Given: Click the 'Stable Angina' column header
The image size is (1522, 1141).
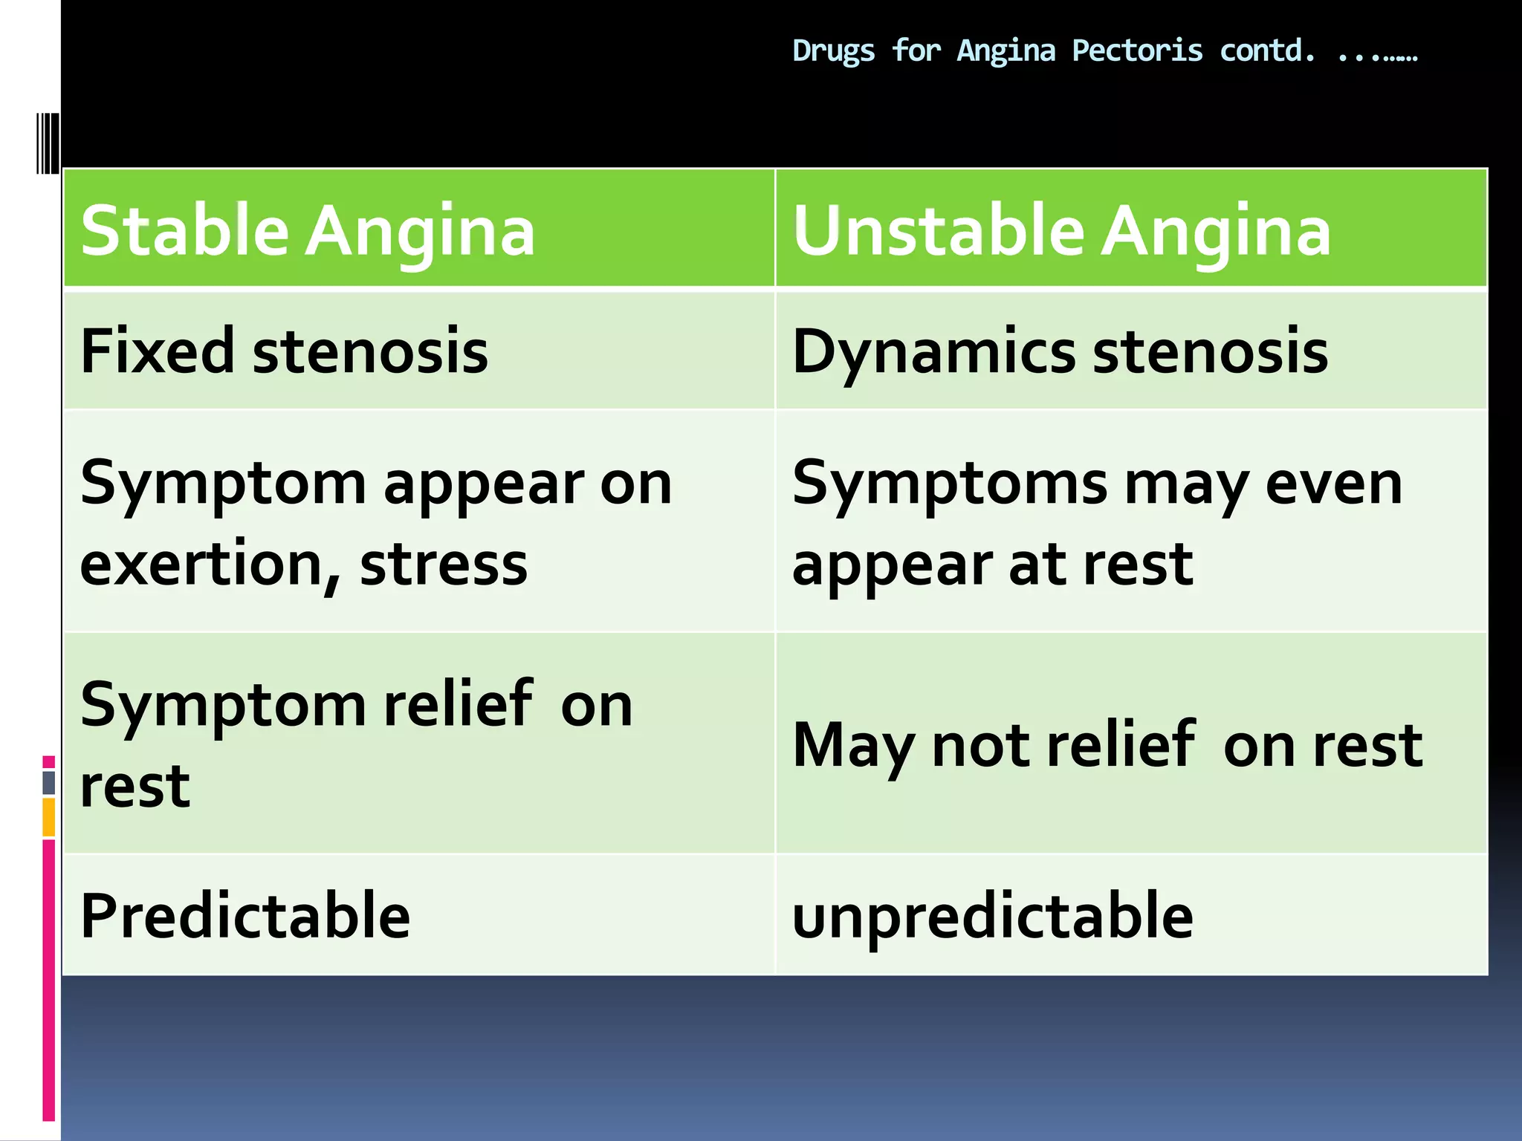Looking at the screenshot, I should tap(308, 231).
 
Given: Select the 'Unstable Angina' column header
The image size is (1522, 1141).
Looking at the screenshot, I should tap(1061, 231).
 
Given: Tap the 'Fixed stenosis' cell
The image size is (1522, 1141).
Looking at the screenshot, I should tap(284, 351).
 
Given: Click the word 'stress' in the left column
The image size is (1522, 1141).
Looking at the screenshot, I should tap(444, 565).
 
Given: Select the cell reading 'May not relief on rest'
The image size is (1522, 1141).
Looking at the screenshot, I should tap(1107, 744).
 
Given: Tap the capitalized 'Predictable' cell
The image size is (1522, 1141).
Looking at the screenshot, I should tap(245, 915).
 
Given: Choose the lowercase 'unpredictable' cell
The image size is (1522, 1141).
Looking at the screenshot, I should tap(992, 915).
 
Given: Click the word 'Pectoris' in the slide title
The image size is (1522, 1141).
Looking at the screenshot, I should tap(1137, 51).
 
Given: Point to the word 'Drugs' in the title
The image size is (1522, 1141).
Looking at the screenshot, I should tap(833, 51).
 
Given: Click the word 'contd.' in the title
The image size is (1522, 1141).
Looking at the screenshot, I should tap(1267, 51).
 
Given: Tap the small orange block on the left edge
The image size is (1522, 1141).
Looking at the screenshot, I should tap(49, 817).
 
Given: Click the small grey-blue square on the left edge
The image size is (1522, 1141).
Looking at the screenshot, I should tap(49, 782).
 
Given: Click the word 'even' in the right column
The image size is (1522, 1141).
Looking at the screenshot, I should tap(1333, 484).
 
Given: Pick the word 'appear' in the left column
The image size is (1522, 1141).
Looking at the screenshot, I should tap(483, 484).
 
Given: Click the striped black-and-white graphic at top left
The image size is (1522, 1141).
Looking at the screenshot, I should tap(48, 143).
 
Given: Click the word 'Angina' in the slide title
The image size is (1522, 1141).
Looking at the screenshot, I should tap(1006, 51).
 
